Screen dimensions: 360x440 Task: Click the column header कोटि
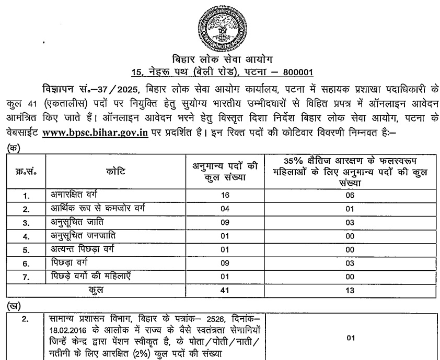click(x=115, y=172)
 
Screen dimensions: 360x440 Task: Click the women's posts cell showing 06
click(x=351, y=196)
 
